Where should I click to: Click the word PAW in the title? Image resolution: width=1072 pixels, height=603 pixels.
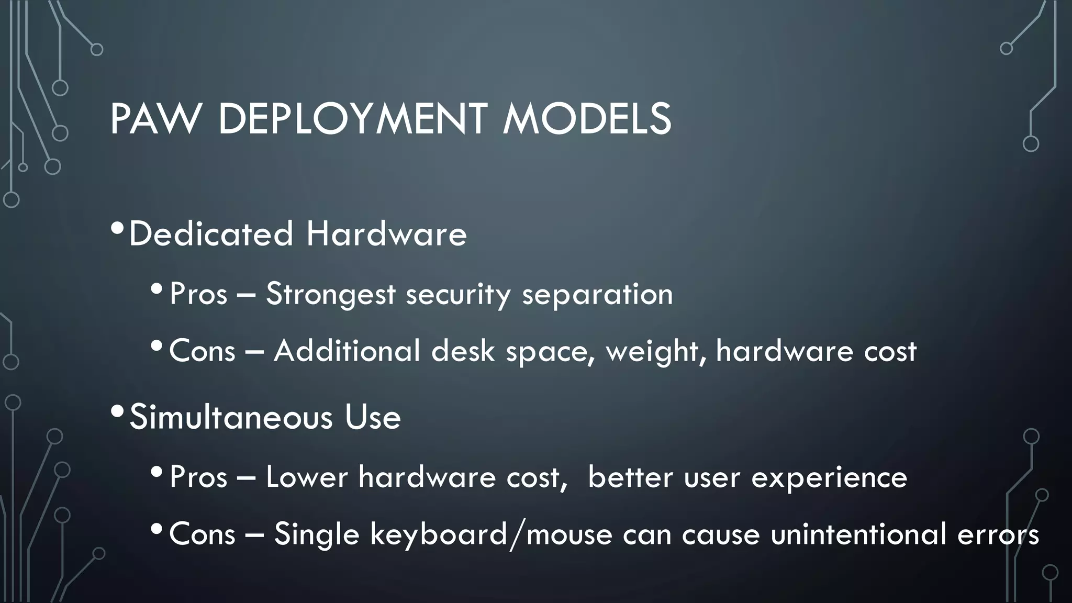click(x=155, y=119)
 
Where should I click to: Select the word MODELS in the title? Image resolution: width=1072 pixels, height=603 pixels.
click(x=586, y=119)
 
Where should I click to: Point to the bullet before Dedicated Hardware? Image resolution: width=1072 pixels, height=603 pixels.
click(x=118, y=228)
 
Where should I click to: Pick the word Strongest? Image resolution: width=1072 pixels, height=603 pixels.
click(x=330, y=294)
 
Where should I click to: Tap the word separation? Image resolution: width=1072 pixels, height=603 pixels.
click(x=597, y=294)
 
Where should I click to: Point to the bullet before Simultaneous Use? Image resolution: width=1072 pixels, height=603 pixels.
click(x=118, y=412)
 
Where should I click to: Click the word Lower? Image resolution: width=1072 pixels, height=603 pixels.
click(x=307, y=477)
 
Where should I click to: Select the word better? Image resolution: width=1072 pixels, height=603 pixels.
click(x=630, y=477)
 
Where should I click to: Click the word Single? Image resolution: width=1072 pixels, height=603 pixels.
click(x=317, y=535)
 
